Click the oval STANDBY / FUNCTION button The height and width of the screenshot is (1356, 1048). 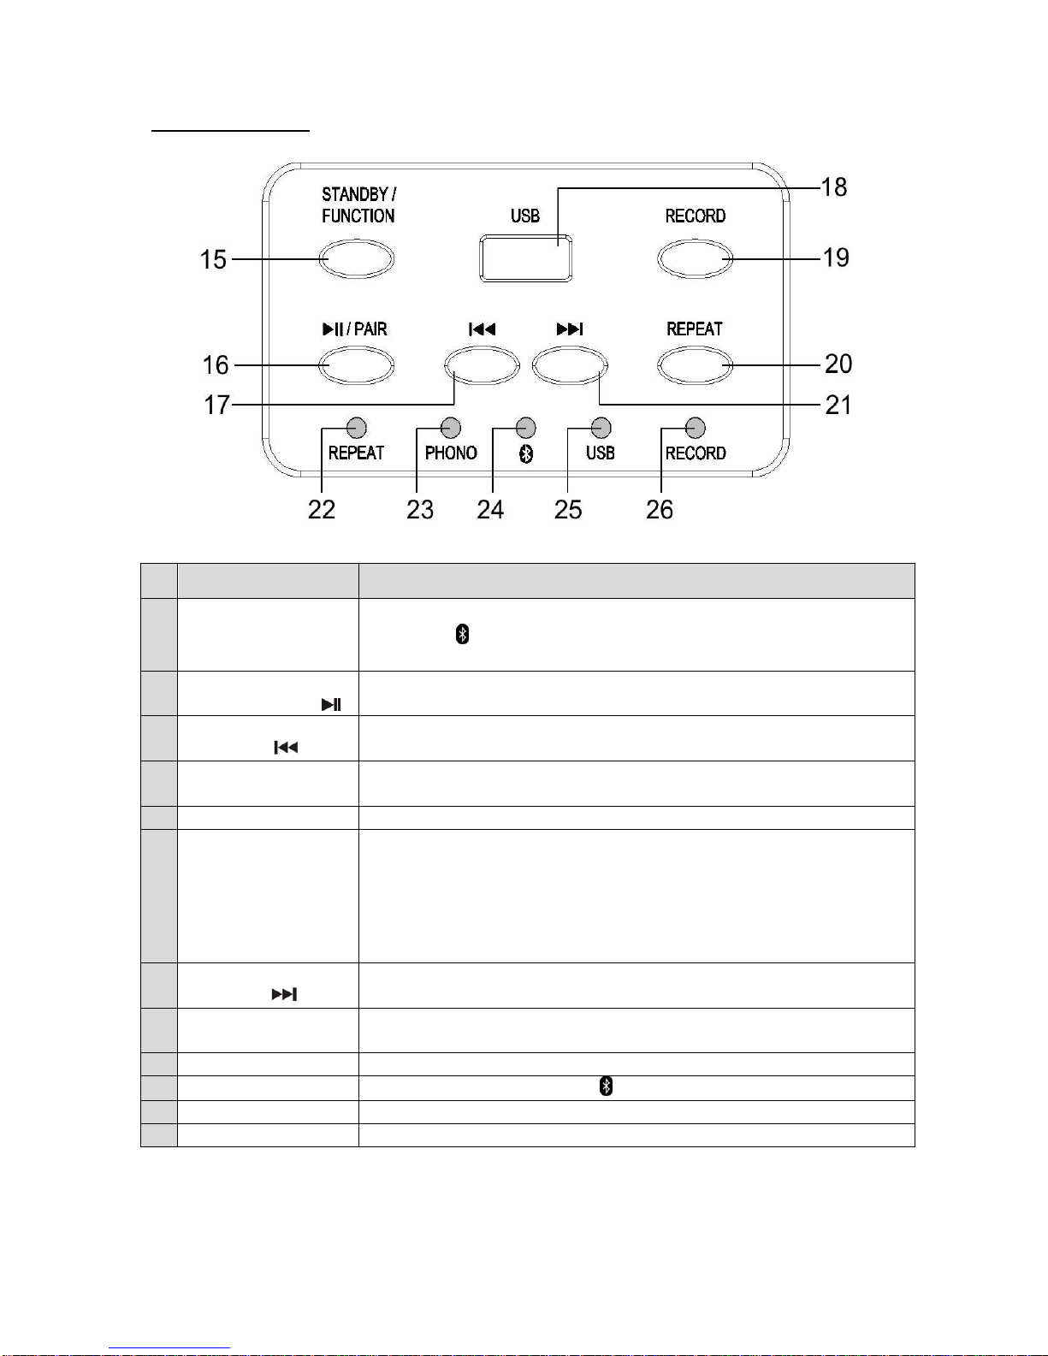(x=357, y=258)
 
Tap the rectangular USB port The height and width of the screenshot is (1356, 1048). (x=525, y=257)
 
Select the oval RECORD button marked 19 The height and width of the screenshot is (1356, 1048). (x=695, y=258)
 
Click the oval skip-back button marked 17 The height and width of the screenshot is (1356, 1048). (x=482, y=366)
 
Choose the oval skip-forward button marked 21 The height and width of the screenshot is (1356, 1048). (x=569, y=366)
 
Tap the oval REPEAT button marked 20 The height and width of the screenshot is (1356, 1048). (x=695, y=365)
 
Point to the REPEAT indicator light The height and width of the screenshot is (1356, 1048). (x=357, y=427)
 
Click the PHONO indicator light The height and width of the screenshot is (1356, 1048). (x=451, y=427)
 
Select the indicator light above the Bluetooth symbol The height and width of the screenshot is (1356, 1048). (x=526, y=427)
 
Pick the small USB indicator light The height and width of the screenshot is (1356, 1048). (x=601, y=427)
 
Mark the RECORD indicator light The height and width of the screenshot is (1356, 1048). (x=696, y=427)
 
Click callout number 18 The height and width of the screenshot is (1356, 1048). (x=833, y=187)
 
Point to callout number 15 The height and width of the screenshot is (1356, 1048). (x=213, y=259)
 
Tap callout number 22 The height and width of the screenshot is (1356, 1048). (x=322, y=510)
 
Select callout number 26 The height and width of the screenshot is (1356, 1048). (x=660, y=510)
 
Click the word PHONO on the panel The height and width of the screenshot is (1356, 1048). (x=451, y=453)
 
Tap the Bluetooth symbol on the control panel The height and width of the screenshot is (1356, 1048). (x=527, y=453)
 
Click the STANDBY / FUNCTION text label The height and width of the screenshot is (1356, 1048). (x=358, y=205)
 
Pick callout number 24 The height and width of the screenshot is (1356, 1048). (x=490, y=510)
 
